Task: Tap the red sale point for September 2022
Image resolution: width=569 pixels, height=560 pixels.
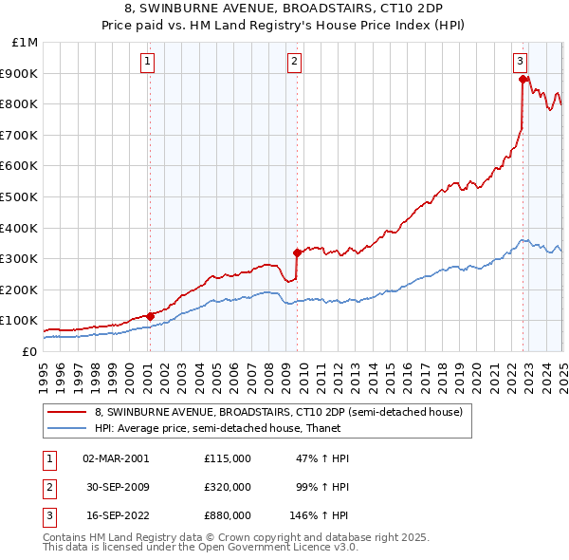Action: click(523, 80)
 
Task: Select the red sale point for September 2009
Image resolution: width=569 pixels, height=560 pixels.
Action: click(298, 252)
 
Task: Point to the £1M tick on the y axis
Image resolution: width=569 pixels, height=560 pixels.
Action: click(26, 43)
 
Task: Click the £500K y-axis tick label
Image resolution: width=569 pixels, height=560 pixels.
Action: click(21, 197)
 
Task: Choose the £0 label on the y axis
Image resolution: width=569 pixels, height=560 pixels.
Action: click(28, 351)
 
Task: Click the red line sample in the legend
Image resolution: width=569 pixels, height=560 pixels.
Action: click(67, 412)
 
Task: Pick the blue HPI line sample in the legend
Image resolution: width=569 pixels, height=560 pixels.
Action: click(67, 428)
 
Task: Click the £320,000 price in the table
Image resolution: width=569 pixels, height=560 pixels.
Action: click(227, 487)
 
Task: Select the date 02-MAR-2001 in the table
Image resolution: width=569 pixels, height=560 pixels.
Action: click(116, 457)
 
